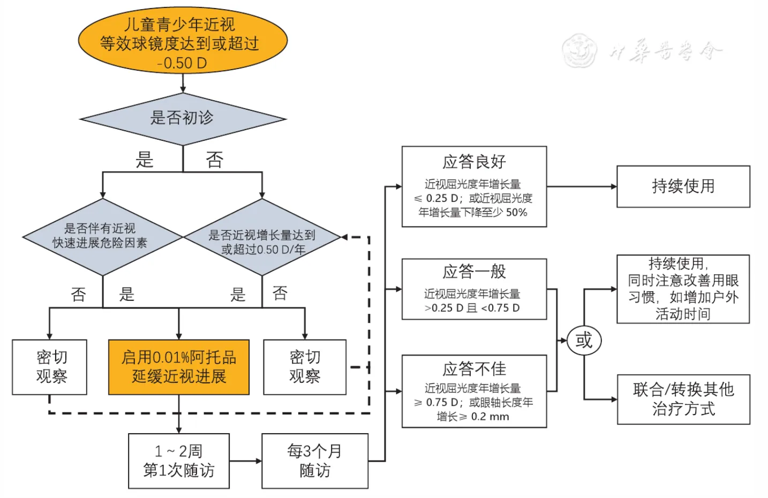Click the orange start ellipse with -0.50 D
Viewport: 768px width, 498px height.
click(x=183, y=42)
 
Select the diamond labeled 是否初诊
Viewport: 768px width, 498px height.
click(x=183, y=118)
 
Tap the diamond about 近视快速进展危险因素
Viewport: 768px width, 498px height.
click(x=102, y=236)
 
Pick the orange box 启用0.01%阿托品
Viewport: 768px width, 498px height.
click(x=179, y=367)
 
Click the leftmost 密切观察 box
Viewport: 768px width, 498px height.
click(x=50, y=367)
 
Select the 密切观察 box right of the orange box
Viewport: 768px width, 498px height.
click(x=305, y=367)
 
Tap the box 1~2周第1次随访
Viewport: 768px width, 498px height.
click(x=179, y=461)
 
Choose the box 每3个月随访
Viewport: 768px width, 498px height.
click(x=315, y=461)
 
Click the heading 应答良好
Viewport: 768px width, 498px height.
click(x=474, y=161)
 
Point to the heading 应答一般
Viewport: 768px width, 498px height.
click(x=474, y=271)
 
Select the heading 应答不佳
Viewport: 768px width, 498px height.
click(x=474, y=368)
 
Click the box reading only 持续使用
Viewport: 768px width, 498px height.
click(x=683, y=186)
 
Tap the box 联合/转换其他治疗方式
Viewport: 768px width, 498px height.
click(x=683, y=399)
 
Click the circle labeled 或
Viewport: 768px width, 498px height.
click(x=584, y=341)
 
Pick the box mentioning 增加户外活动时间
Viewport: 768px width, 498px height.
click(x=683, y=289)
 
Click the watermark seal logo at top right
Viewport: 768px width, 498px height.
click(x=579, y=50)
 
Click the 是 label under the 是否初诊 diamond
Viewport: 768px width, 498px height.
click(x=145, y=160)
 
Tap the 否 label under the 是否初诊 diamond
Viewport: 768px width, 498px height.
click(x=215, y=160)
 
